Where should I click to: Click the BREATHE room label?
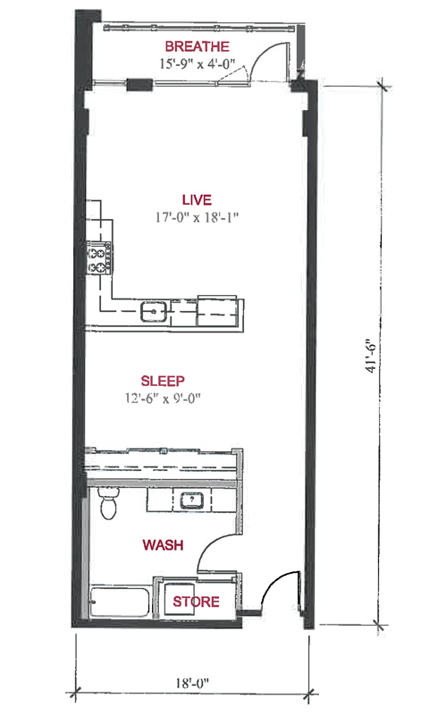click(x=197, y=46)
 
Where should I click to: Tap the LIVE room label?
click(x=197, y=200)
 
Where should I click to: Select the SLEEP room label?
click(x=163, y=382)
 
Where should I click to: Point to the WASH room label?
click(x=163, y=545)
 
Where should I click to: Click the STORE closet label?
click(x=196, y=601)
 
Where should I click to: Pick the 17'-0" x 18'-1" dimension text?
click(x=197, y=217)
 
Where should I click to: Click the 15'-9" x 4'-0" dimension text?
click(x=197, y=63)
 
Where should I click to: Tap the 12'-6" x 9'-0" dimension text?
click(x=164, y=399)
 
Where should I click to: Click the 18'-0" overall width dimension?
click(x=192, y=683)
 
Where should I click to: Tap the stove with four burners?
click(x=100, y=258)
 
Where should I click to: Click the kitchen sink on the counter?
click(x=154, y=312)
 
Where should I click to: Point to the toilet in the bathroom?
click(x=108, y=502)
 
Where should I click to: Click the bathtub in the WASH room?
click(x=120, y=601)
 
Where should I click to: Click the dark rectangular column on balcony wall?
click(x=139, y=84)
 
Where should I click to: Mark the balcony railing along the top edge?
click(x=199, y=29)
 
